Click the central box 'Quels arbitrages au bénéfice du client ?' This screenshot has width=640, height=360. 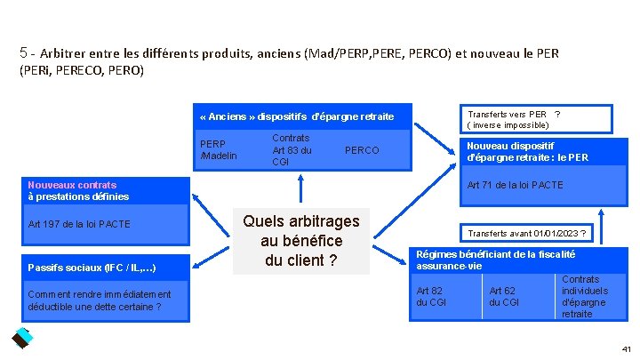[x=301, y=241]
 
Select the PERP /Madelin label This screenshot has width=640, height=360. [x=219, y=149]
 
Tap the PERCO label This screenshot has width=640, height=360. [x=361, y=150]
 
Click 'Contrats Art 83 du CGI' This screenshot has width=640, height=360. [x=292, y=150]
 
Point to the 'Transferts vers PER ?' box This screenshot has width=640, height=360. [x=514, y=119]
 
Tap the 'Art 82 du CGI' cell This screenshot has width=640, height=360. [x=432, y=296]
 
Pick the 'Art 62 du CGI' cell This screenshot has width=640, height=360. [x=503, y=296]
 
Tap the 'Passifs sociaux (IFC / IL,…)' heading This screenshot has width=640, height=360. [x=95, y=267]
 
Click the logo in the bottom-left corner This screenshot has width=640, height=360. [x=21, y=338]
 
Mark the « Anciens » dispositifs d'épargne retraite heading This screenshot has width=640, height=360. [x=297, y=117]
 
